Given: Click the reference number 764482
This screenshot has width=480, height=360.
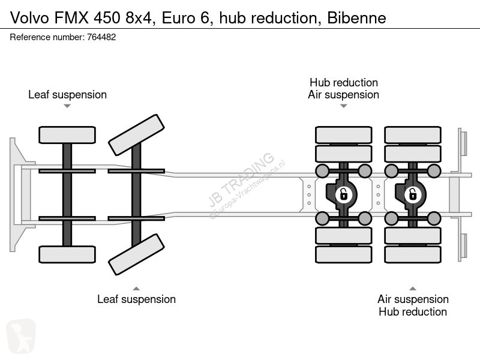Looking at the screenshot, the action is pyautogui.click(x=101, y=37).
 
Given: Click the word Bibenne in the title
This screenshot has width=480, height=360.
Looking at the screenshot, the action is pyautogui.click(x=356, y=18).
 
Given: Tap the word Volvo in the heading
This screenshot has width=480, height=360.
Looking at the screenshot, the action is pyautogui.click(x=29, y=18).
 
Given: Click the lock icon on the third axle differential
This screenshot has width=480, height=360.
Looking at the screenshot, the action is pyautogui.click(x=343, y=194).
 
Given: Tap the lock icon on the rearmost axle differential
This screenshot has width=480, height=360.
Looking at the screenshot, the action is pyautogui.click(x=413, y=194).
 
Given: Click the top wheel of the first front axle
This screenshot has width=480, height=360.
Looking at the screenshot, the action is pyautogui.click(x=67, y=135).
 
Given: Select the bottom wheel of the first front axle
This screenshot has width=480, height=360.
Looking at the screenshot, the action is pyautogui.click(x=67, y=254).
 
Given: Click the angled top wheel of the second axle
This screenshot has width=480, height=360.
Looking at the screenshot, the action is pyautogui.click(x=137, y=135).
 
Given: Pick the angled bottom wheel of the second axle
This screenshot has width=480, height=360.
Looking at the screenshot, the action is pyautogui.click(x=137, y=254).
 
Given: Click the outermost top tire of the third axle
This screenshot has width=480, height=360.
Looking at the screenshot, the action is pyautogui.click(x=343, y=135).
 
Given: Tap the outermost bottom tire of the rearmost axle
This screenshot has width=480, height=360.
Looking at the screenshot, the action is pyautogui.click(x=413, y=254).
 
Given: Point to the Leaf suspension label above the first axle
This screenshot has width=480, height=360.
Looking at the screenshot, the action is pyautogui.click(x=67, y=95).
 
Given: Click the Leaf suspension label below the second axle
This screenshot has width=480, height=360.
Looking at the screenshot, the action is pyautogui.click(x=137, y=299).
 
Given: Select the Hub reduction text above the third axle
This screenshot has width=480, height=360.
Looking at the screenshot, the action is pyautogui.click(x=343, y=83).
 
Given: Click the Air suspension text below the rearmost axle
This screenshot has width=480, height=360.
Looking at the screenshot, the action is pyautogui.click(x=413, y=299).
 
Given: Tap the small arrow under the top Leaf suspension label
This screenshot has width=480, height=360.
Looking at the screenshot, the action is pyautogui.click(x=67, y=106).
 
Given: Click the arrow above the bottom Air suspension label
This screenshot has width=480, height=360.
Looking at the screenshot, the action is pyautogui.click(x=413, y=289).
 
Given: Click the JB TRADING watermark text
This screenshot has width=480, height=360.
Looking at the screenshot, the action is pyautogui.click(x=241, y=179).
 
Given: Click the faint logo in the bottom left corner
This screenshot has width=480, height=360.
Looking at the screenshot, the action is pyautogui.click(x=21, y=336).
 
